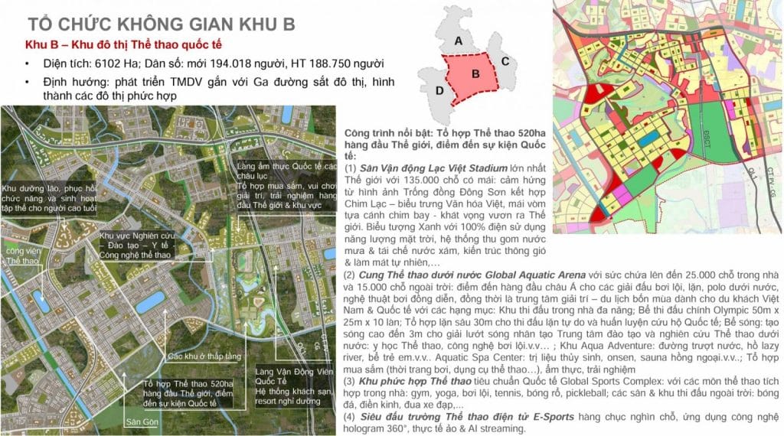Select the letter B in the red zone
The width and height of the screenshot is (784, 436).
475,75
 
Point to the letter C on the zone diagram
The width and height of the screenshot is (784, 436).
505,61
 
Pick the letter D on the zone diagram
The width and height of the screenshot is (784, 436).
439,91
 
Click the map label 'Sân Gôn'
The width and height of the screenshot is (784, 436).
142,422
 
